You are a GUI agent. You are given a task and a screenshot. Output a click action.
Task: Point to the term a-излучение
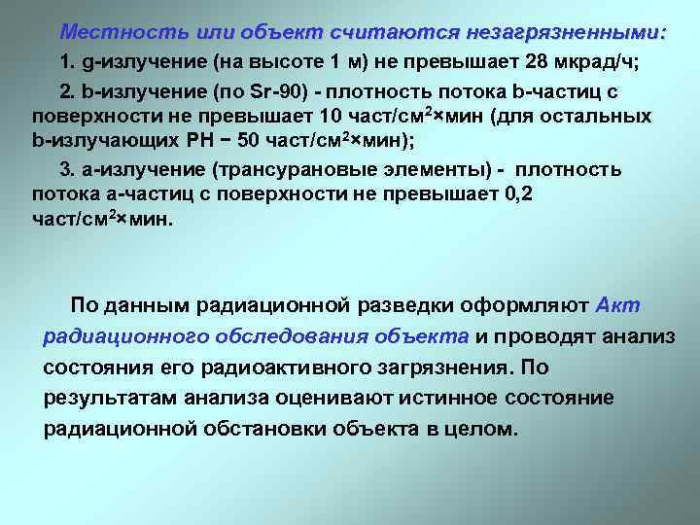tap(132, 170)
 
